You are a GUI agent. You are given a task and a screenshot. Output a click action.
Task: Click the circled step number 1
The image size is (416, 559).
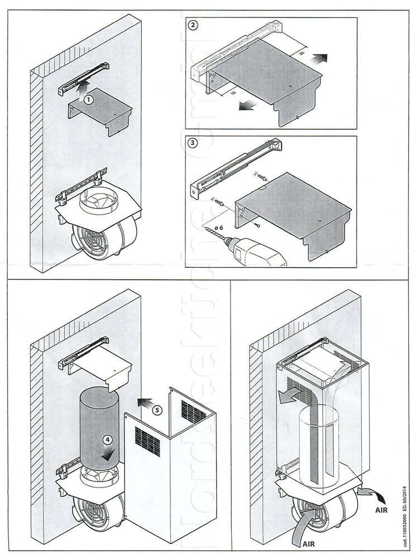pyautogui.click(x=88, y=98)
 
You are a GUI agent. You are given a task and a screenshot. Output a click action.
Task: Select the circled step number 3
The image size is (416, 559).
pyautogui.click(x=193, y=143)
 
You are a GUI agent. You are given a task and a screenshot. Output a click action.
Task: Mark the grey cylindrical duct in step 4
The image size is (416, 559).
pyautogui.click(x=98, y=425)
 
